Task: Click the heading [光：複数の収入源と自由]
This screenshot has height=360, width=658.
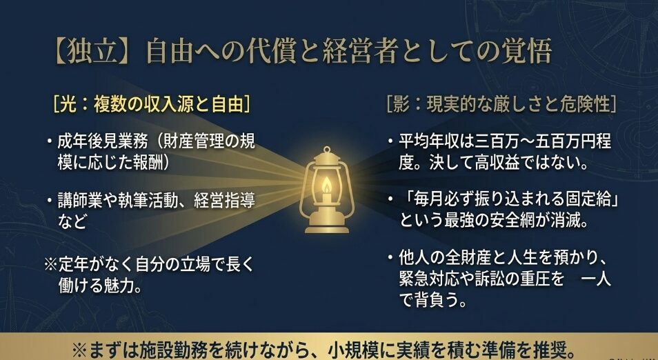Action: [151, 104]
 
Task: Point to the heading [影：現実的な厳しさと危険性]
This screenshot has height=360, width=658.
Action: [501, 104]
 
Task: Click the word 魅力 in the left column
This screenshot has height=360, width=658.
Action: [128, 285]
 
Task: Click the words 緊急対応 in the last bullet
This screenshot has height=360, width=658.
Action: [426, 280]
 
